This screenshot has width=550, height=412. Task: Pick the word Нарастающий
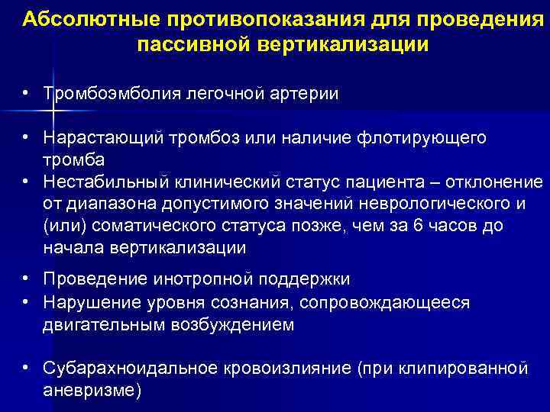click(100, 138)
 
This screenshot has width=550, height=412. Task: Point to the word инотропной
click(205, 282)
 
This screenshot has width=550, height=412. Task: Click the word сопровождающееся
click(384, 303)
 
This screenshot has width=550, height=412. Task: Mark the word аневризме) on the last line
click(92, 391)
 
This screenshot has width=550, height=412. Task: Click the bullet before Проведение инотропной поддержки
click(26, 281)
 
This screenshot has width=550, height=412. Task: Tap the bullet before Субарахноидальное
click(26, 368)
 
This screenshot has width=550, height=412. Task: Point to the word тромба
click(74, 160)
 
